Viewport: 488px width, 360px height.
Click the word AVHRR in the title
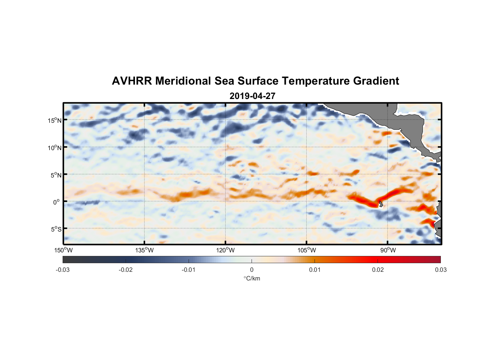(131, 81)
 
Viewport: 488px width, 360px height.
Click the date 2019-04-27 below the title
(252, 96)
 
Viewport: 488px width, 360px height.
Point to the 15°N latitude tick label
(54, 120)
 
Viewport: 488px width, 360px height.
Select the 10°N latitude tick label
(54, 148)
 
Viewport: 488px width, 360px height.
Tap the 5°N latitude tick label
(55, 175)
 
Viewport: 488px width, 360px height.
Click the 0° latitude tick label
(57, 202)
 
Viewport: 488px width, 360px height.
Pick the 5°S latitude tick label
(55, 229)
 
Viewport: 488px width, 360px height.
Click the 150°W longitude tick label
(63, 250)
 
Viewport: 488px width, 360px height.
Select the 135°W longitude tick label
(144, 250)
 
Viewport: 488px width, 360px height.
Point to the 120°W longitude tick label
(225, 250)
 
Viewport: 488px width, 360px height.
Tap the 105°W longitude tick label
(307, 250)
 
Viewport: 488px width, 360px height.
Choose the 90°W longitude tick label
(388, 250)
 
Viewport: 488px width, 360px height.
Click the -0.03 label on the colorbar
(63, 270)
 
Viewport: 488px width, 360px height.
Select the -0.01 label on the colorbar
(189, 270)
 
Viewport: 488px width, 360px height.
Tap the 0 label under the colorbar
(252, 270)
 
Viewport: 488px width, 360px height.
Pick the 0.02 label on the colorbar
(378, 270)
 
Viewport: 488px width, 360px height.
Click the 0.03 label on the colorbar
(440, 270)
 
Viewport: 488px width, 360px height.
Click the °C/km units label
(252, 279)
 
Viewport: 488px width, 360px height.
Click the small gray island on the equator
(380, 204)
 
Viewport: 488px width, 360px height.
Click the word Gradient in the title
(376, 81)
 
